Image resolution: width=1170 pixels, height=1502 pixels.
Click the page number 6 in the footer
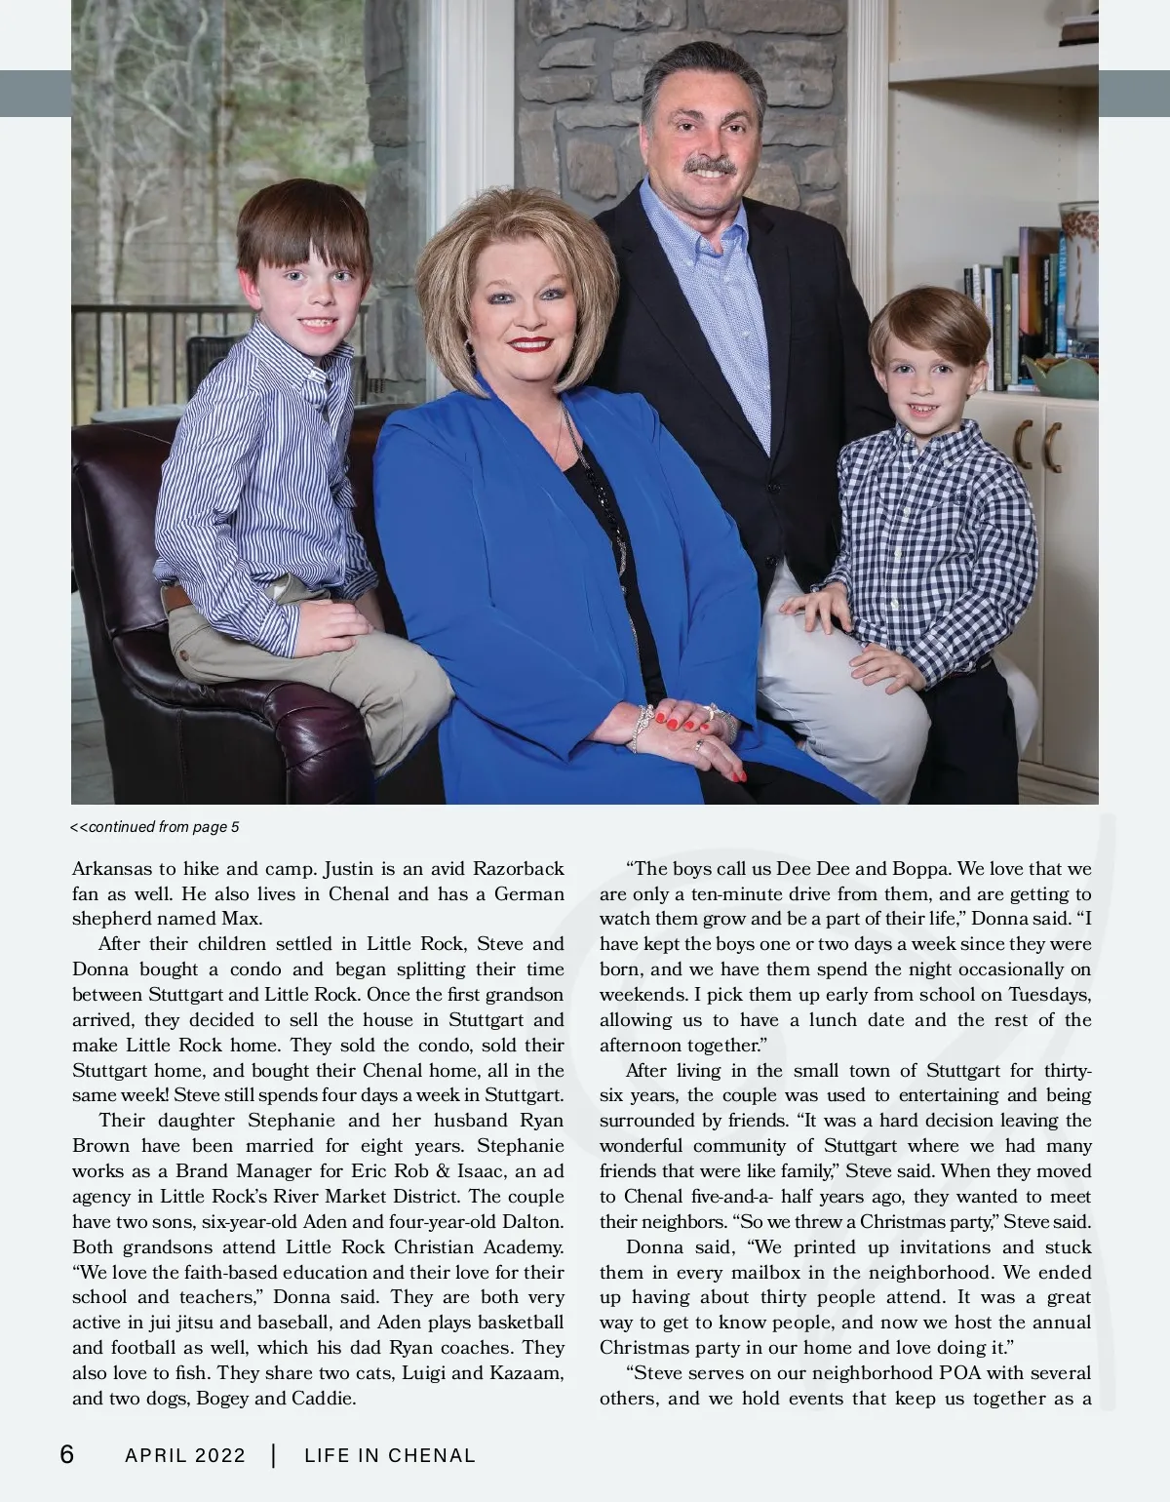66,1454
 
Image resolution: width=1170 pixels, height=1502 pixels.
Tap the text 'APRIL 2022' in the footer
185,1455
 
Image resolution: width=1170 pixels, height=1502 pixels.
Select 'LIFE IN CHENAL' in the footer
390,1455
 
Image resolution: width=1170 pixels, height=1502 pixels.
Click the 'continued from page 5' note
156,827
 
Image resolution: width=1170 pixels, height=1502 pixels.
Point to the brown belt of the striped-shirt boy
175,597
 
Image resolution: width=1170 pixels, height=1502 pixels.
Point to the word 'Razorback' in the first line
519,868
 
